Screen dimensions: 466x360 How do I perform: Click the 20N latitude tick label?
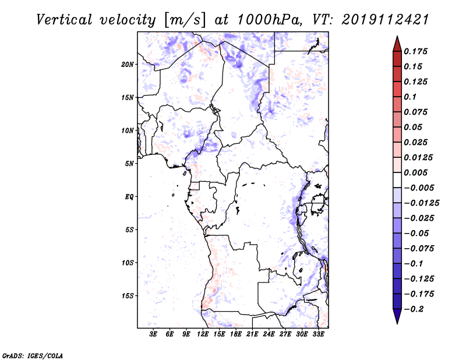pyautogui.click(x=128, y=65)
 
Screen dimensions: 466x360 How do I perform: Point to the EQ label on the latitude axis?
pyautogui.click(x=129, y=197)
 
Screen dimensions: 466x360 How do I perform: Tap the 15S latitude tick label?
pyautogui.click(x=128, y=296)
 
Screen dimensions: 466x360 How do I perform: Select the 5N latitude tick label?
pyautogui.click(x=129, y=164)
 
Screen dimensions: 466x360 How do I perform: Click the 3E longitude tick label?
pyautogui.click(x=153, y=334)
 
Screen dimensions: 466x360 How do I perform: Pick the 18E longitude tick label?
pyautogui.click(x=236, y=334)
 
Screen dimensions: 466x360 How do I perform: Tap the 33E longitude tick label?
pyautogui.click(x=318, y=334)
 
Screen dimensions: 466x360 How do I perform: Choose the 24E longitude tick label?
pyautogui.click(x=269, y=334)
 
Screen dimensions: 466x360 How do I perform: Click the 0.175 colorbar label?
pyautogui.click(x=416, y=51)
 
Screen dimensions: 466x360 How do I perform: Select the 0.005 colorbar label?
pyautogui.click(x=416, y=172)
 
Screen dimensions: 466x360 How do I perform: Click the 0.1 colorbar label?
pyautogui.click(x=410, y=97)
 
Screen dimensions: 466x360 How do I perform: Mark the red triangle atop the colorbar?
pyautogui.click(x=397, y=44)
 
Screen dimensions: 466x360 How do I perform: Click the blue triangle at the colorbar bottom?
pyautogui.click(x=397, y=316)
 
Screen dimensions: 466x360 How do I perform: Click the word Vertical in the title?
pyautogui.click(x=64, y=20)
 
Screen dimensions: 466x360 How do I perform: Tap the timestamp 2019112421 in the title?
pyautogui.click(x=386, y=20)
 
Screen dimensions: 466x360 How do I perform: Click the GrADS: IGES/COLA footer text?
pyautogui.click(x=33, y=356)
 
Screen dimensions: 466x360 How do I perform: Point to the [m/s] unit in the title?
pyautogui.click(x=185, y=20)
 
